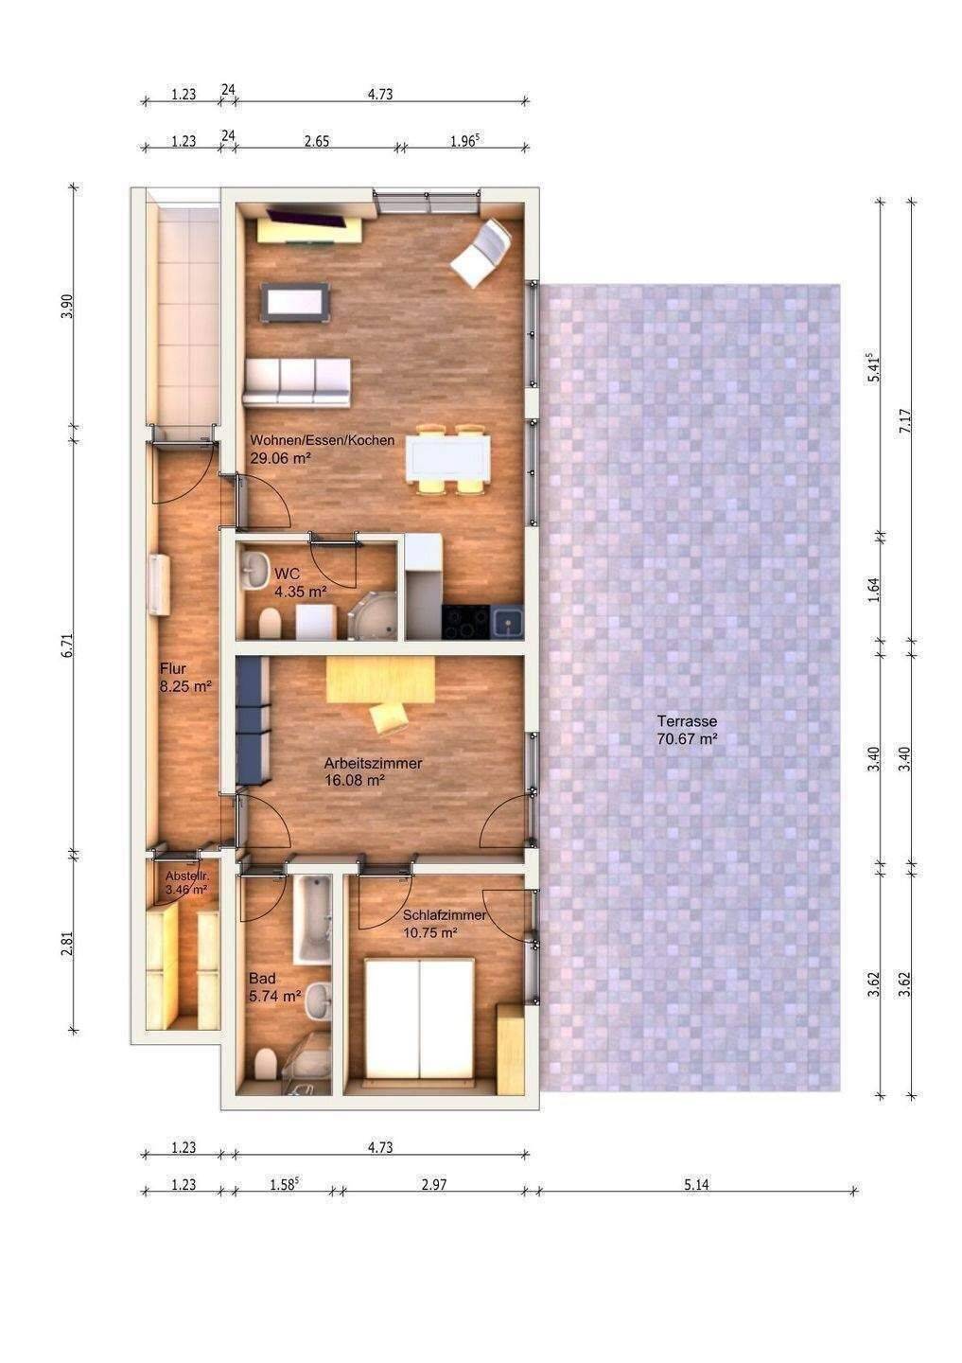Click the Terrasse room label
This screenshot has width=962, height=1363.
[687, 721]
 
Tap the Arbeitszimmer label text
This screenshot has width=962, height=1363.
[373, 763]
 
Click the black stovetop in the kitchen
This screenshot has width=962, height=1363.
[465, 622]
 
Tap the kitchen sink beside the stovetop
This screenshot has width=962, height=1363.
[507, 622]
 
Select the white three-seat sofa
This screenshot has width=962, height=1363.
[297, 382]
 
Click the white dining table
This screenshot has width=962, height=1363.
[447, 458]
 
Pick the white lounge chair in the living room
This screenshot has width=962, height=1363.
[481, 252]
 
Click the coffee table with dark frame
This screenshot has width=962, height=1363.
[296, 303]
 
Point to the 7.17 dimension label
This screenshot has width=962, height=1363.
[905, 421]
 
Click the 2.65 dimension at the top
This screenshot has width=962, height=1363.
[317, 141]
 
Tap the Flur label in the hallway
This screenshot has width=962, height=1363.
[173, 669]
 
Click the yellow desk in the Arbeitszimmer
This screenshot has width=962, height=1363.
[380, 680]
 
